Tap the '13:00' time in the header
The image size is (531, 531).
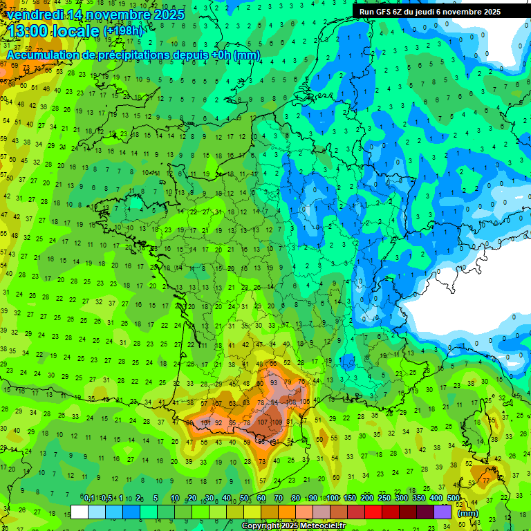click(30, 30)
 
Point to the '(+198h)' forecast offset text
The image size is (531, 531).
click(123, 31)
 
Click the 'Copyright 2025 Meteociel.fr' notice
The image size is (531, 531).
click(293, 525)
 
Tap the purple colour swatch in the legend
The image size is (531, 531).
click(443, 512)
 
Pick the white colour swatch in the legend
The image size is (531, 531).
click(80, 512)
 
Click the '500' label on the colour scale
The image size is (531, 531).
click(454, 499)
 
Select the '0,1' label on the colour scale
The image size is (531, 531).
click(89, 499)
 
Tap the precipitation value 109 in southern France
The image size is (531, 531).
click(277, 422)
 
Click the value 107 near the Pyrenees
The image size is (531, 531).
click(263, 422)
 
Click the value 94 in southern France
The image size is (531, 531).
click(275, 402)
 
